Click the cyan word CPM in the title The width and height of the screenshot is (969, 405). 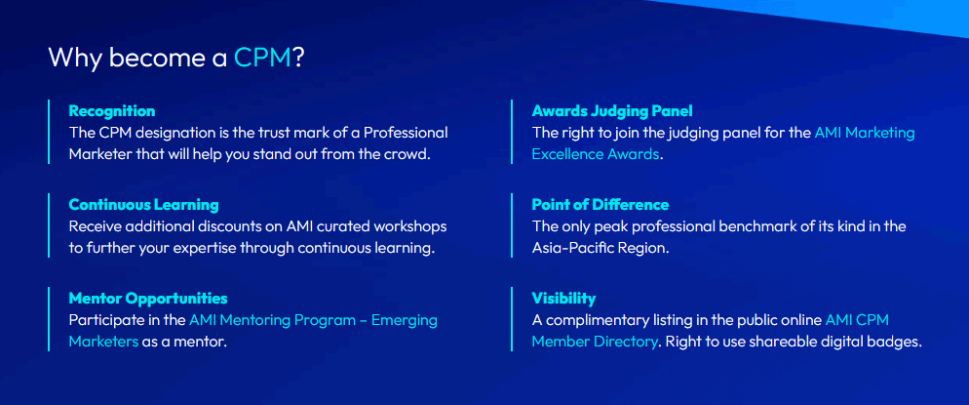coord(262,58)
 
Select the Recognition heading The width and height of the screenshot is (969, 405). coord(111,111)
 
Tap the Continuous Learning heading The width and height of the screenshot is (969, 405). coord(143,205)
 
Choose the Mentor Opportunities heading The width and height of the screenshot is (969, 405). coord(147,299)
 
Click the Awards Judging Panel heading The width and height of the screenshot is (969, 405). coord(611,111)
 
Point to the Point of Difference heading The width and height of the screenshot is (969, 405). coord(600,205)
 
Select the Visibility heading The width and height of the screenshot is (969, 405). coord(563,299)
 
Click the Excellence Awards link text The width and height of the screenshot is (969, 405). coord(596,154)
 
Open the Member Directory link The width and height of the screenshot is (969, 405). coord(595,342)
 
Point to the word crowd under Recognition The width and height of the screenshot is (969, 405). coord(406,154)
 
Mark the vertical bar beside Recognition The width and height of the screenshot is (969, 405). coord(48,132)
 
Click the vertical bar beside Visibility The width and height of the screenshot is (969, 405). coord(512,319)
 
